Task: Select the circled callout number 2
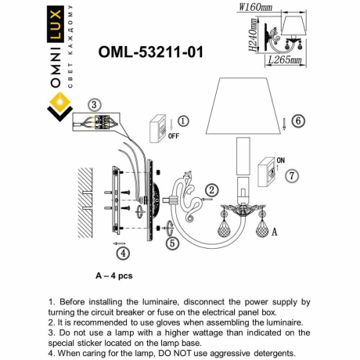point(211,189)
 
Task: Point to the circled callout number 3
point(93,105)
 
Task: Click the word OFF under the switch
point(175,135)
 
